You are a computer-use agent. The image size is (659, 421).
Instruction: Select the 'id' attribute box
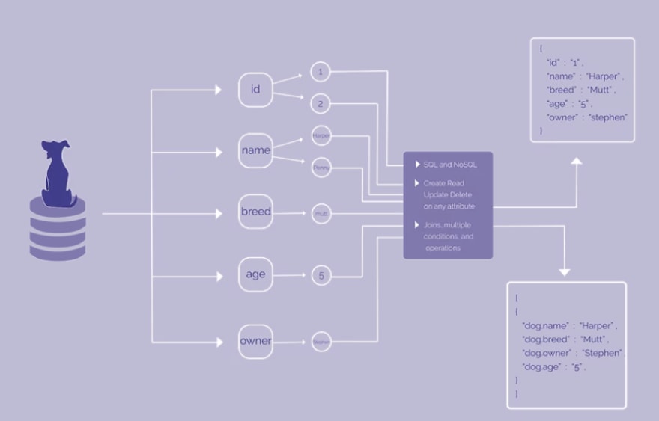(255, 90)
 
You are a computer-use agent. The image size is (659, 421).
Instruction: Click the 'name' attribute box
(255, 151)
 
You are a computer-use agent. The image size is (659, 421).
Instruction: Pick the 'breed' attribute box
(255, 212)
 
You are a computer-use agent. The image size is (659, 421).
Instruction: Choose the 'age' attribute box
(255, 275)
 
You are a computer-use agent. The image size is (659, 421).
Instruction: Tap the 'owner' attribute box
(255, 342)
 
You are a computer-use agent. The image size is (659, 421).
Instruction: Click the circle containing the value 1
(321, 73)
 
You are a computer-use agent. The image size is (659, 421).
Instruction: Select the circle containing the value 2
(321, 104)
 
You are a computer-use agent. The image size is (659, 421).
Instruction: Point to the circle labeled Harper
(321, 135)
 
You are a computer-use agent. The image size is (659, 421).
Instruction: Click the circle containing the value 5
(321, 276)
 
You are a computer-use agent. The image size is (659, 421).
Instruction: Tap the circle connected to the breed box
(321, 214)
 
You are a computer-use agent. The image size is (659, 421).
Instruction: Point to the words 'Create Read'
(443, 183)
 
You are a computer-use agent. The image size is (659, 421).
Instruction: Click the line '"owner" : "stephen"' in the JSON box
(586, 117)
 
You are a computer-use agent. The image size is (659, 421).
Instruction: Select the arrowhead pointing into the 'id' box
(218, 90)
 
